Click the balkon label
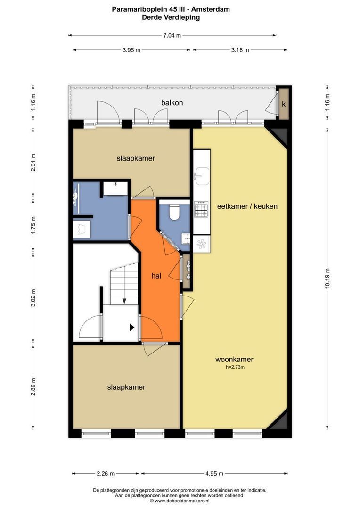click(x=172, y=103)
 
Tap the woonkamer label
click(x=234, y=359)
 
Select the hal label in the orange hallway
click(x=156, y=276)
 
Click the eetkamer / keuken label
click(x=247, y=206)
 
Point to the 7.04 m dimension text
click(x=172, y=35)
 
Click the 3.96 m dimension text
click(x=131, y=50)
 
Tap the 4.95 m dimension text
click(x=214, y=473)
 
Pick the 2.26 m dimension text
click(x=106, y=473)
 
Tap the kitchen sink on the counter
click(x=202, y=176)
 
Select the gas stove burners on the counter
click(x=201, y=209)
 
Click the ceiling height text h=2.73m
click(x=235, y=368)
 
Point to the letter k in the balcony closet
click(x=284, y=104)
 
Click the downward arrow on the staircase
click(x=124, y=301)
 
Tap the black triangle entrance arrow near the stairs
click(x=132, y=328)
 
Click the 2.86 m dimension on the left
click(x=33, y=387)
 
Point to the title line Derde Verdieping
click(x=171, y=17)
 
